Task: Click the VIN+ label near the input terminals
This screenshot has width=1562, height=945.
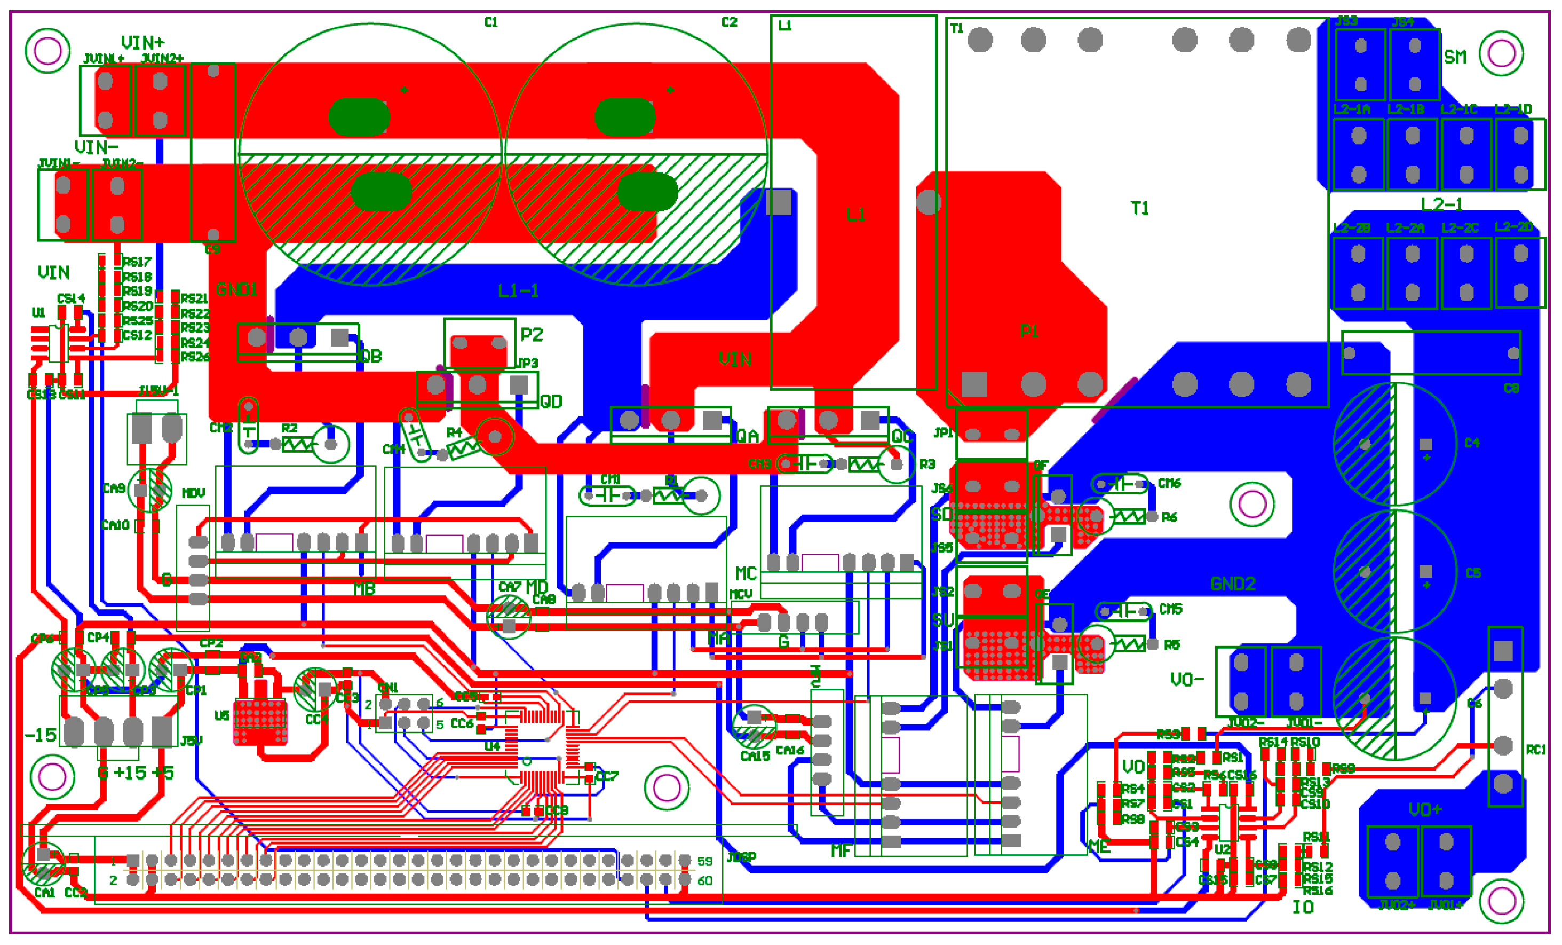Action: click(x=142, y=43)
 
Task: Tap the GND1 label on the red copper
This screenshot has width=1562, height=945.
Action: click(x=236, y=290)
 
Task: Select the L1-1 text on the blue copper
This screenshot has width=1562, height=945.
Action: click(x=518, y=291)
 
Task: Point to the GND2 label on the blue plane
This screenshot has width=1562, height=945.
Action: click(x=1232, y=584)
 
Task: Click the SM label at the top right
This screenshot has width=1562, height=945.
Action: click(x=1455, y=57)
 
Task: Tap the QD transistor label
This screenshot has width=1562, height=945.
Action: click(x=551, y=401)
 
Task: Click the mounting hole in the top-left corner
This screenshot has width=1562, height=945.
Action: click(x=47, y=51)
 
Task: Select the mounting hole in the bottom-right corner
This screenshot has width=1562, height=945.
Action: click(x=1501, y=901)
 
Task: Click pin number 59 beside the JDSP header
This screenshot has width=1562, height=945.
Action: click(x=704, y=861)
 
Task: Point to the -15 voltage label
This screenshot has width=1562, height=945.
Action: click(x=40, y=735)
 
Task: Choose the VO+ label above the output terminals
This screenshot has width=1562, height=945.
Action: click(x=1425, y=809)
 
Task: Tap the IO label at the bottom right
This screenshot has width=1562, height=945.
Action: click(x=1303, y=908)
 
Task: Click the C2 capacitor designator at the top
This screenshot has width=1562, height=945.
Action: click(x=729, y=22)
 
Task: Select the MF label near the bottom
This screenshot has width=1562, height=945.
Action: click(x=841, y=850)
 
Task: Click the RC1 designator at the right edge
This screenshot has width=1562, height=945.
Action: click(x=1535, y=750)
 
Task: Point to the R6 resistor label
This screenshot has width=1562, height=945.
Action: click(x=1169, y=517)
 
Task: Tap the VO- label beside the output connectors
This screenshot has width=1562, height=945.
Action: click(x=1186, y=680)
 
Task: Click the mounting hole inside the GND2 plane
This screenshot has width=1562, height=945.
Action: click(x=1251, y=504)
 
